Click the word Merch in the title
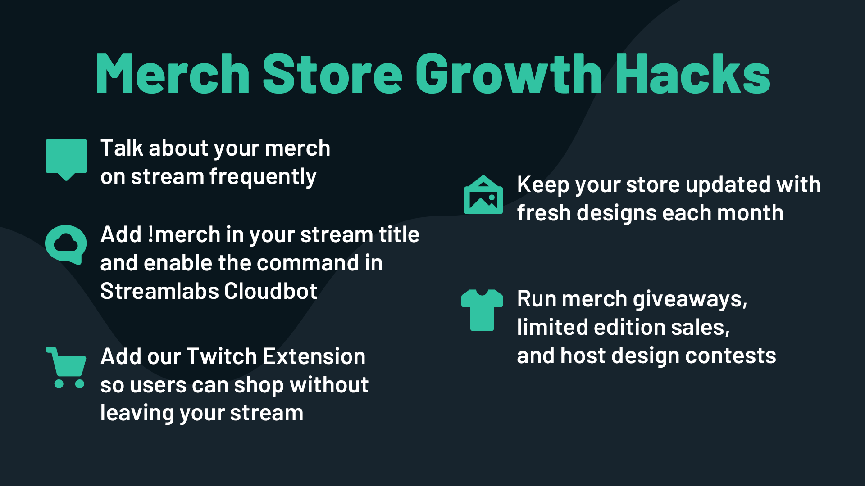pos(172,74)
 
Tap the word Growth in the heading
pos(508,74)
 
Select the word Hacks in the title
pos(693,74)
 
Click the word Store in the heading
pos(332,74)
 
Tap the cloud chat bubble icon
pos(66,244)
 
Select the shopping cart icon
pos(66,367)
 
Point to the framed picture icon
pos(483,195)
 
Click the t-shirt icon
pos(482,310)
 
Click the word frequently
pos(263,177)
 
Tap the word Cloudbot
pos(271,291)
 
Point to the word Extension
pos(314,356)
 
